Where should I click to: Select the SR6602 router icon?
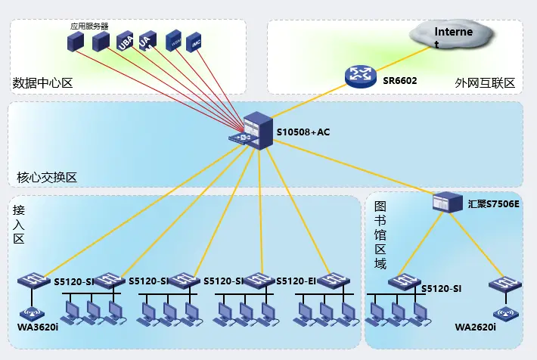pyautogui.click(x=359, y=76)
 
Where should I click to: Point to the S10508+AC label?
pyautogui.click(x=303, y=133)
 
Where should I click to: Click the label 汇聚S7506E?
pyautogui.click(x=493, y=203)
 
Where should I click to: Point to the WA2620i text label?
pyautogui.click(x=475, y=327)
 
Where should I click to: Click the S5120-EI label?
pyautogui.click(x=296, y=281)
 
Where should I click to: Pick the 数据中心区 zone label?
pyautogui.click(x=42, y=82)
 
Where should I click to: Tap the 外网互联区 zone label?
pyautogui.click(x=485, y=82)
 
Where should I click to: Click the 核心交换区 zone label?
pyautogui.click(x=47, y=178)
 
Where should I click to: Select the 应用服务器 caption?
pyautogui.click(x=89, y=26)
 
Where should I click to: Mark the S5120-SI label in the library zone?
pyautogui.click(x=441, y=288)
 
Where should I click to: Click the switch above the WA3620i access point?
pyautogui.click(x=33, y=281)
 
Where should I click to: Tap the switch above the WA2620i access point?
pyautogui.click(x=504, y=285)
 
